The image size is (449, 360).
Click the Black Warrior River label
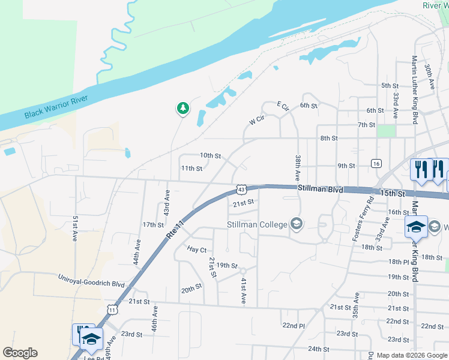coord(56,107)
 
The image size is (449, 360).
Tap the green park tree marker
coord(182,109)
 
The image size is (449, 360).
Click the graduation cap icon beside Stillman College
coord(295,224)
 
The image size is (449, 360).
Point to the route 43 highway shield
coord(240,189)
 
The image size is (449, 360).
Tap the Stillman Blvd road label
coord(321,190)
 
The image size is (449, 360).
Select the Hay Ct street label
coord(197,249)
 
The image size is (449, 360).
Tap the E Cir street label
coord(283,107)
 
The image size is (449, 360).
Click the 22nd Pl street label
coord(294,325)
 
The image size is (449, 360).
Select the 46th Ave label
coord(155,319)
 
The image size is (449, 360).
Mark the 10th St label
coord(211,155)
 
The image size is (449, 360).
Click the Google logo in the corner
coord(20,353)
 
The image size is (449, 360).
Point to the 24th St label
coord(319,349)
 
